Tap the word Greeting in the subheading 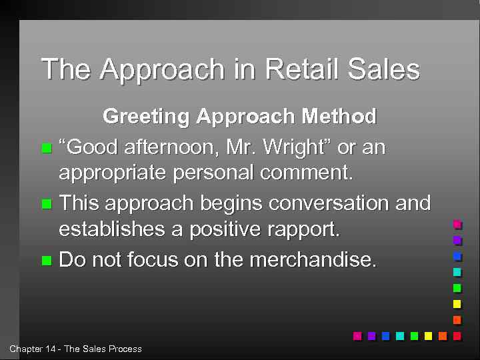point(146,117)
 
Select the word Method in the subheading point(339,117)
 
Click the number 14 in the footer point(52,349)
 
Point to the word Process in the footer point(126,349)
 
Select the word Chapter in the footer point(25,349)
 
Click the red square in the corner point(457,336)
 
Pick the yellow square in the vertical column point(457,304)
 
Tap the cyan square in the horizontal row point(399,336)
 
